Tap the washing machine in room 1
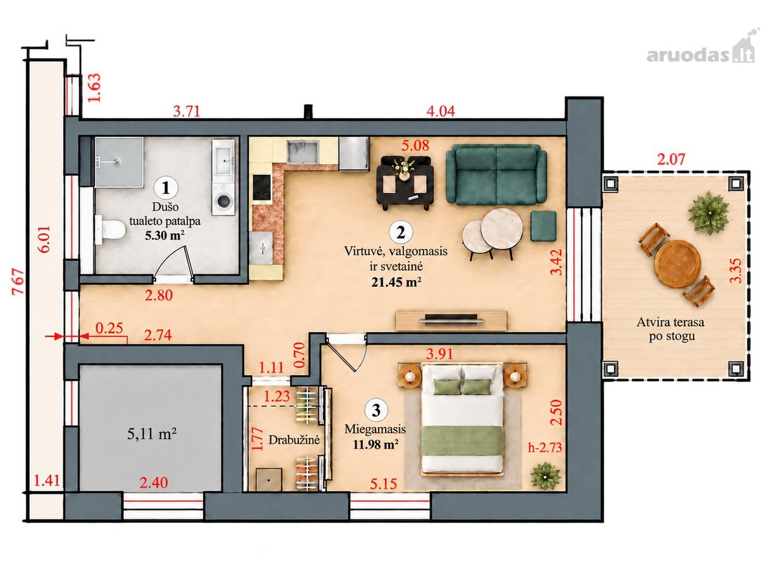click(223, 200)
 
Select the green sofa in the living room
click(496, 175)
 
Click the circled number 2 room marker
click(401, 233)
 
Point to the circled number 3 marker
click(376, 411)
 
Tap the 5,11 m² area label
click(152, 433)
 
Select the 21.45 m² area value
click(396, 282)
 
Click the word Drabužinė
click(294, 440)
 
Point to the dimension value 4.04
click(441, 111)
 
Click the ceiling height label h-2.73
click(545, 448)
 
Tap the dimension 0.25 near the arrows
click(110, 328)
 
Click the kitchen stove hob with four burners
click(262, 188)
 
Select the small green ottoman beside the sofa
click(543, 226)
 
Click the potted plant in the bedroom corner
click(545, 476)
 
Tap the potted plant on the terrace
click(709, 212)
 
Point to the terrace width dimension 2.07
click(671, 159)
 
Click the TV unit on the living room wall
click(451, 321)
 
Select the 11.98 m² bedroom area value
click(375, 444)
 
